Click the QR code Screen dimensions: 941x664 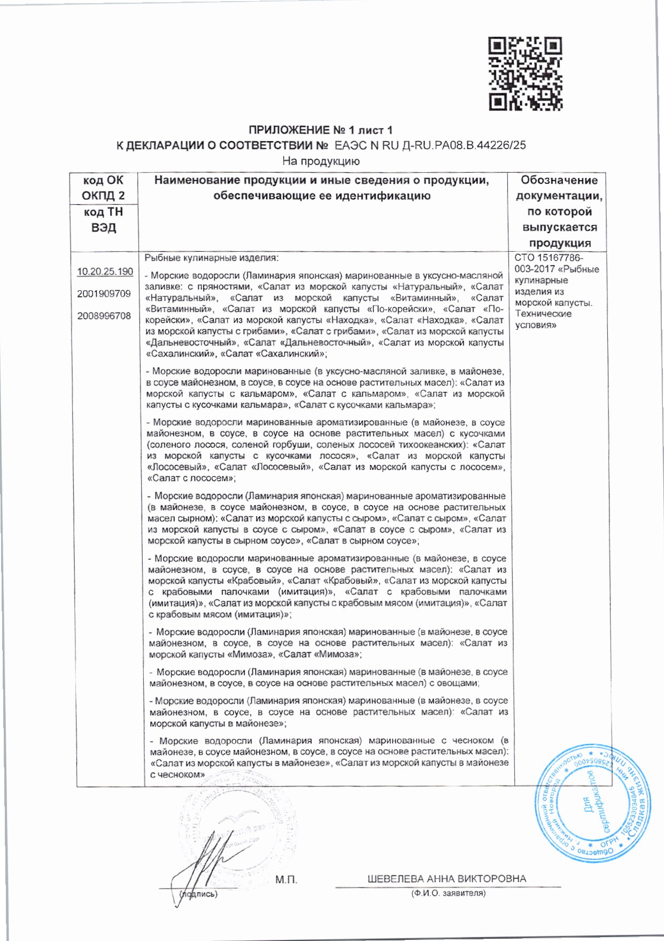525,74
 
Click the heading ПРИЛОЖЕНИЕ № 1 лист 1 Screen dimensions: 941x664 321,130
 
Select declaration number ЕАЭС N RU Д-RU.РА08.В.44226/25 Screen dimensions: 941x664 430,145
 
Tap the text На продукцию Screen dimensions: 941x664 321,161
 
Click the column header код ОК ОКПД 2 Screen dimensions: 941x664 104,188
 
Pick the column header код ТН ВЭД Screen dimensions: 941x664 104,220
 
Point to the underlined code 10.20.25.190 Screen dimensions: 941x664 105,272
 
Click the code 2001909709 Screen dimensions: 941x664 104,294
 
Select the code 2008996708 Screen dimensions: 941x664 104,316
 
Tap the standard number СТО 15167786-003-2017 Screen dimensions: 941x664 551,264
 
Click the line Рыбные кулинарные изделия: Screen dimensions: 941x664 212,258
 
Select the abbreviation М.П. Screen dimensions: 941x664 286,880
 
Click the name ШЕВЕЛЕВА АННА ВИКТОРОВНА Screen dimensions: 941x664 446,879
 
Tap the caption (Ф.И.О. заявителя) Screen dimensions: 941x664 448,893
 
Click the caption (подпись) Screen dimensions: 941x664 199,894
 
